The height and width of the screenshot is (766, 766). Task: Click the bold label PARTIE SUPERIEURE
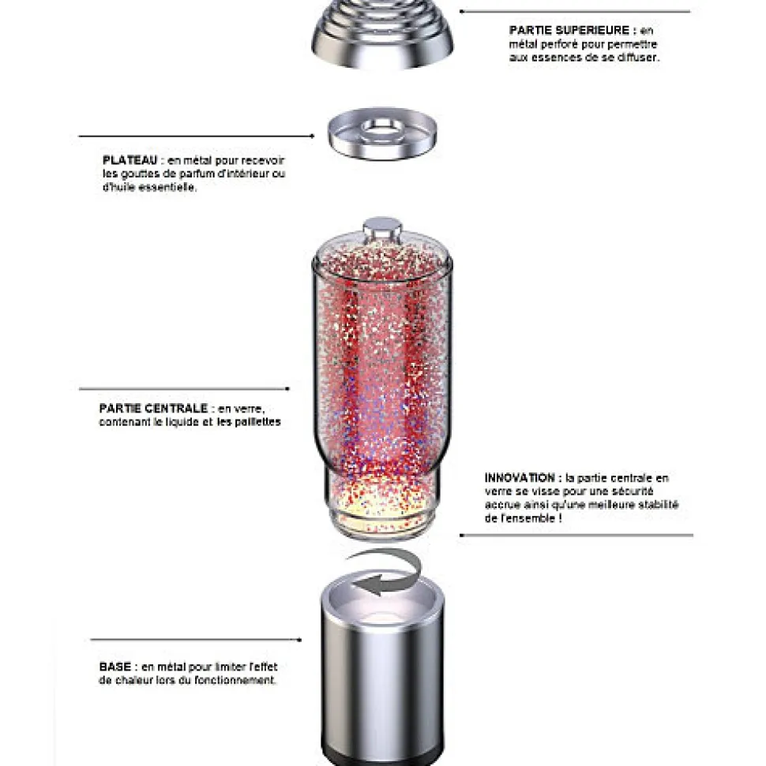[x=569, y=30]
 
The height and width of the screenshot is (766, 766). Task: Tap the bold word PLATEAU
[x=130, y=160]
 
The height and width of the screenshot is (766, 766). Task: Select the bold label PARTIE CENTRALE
[x=153, y=409]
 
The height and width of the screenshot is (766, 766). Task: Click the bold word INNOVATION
[x=520, y=478]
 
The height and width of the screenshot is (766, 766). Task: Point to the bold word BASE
[x=115, y=667]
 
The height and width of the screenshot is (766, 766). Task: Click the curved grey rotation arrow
[x=386, y=571]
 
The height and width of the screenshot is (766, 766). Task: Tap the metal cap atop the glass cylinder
[x=382, y=228]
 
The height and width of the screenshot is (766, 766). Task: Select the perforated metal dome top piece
[x=382, y=33]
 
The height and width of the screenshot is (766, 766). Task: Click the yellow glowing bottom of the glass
[x=382, y=508]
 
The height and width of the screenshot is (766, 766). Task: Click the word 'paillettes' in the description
[x=257, y=421]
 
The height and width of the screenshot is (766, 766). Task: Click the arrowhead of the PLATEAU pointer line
[x=312, y=136]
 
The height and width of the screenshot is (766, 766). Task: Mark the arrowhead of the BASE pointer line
[x=299, y=640]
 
